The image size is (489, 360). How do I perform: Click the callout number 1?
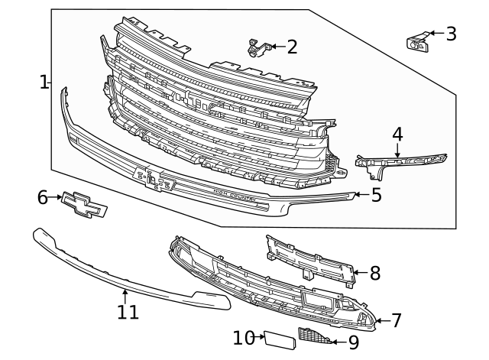44,82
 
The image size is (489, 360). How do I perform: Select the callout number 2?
292,47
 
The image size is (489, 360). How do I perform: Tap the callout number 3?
451,34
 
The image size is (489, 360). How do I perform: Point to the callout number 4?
397,134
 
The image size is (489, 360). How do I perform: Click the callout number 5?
376,195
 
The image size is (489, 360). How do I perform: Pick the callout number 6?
43,198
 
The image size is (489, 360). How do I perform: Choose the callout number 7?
396,320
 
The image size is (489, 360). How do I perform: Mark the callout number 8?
374,273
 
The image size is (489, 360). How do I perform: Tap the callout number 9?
353,343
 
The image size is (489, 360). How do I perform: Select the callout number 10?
243,337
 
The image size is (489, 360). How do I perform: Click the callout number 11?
128,311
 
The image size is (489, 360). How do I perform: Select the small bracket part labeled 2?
257,47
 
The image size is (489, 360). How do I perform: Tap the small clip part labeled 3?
416,42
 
